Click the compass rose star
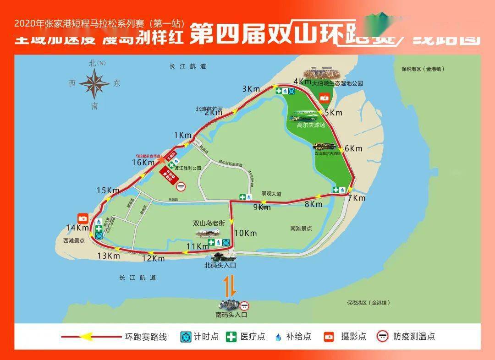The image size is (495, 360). coord(94,84)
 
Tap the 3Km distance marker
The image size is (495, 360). coord(251,89)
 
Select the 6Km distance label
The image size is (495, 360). coord(353,148)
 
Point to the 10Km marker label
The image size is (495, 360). coord(246,233)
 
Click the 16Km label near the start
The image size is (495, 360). coord(143,162)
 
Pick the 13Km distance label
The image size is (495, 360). coord(108,256)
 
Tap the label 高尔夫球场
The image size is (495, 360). coord(311,125)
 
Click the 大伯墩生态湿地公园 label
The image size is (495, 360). coord(338,84)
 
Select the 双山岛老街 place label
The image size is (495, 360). coord(209,224)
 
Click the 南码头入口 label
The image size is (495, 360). coord(231,315)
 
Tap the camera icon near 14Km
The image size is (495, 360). coord(83,218)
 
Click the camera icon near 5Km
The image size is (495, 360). coord(324,98)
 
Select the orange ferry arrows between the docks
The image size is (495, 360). coord(230,285)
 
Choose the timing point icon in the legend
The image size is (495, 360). coord(186,337)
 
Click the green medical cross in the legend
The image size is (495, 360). coord(231,337)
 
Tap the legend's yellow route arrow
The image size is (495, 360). coord(87,337)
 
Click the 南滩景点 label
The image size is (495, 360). coord(301,228)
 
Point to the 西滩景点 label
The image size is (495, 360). coord(74,240)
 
